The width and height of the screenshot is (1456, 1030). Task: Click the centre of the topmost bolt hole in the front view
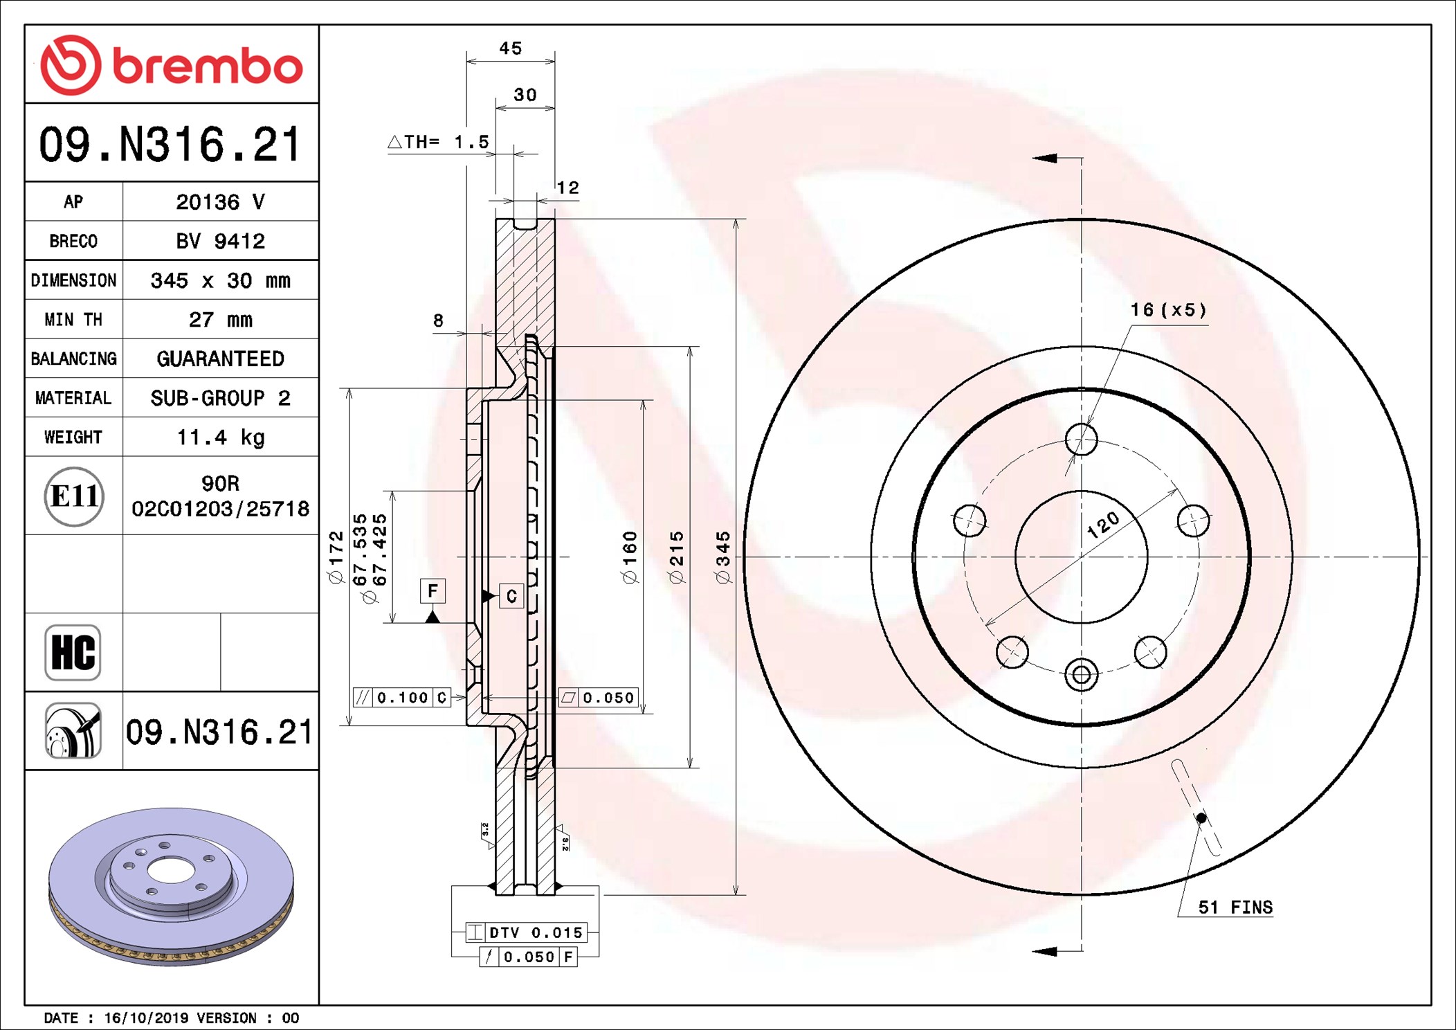[1081, 439]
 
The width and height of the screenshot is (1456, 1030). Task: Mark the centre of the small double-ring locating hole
[1081, 674]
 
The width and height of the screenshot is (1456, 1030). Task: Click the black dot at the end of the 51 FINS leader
[1201, 818]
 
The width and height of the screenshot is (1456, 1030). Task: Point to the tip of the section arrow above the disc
[1032, 159]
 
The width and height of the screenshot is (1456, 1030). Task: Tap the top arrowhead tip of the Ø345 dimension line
[736, 219]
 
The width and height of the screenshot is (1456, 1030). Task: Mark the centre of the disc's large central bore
[1081, 557]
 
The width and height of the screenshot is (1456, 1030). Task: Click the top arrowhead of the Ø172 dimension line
[349, 389]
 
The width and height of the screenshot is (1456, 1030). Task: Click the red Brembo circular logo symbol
[71, 65]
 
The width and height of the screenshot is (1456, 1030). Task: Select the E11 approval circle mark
[74, 496]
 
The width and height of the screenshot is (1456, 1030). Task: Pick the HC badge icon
[73, 652]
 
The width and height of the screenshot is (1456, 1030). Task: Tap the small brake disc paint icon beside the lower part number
[73, 730]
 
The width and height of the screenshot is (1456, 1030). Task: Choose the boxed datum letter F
[433, 590]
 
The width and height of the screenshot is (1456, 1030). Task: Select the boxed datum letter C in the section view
[511, 596]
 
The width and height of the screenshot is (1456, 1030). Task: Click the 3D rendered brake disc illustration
[171, 887]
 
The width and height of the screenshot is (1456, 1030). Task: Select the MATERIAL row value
[221, 398]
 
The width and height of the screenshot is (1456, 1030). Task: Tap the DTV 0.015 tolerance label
[536, 932]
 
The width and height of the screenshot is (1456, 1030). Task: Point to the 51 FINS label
[1235, 907]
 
